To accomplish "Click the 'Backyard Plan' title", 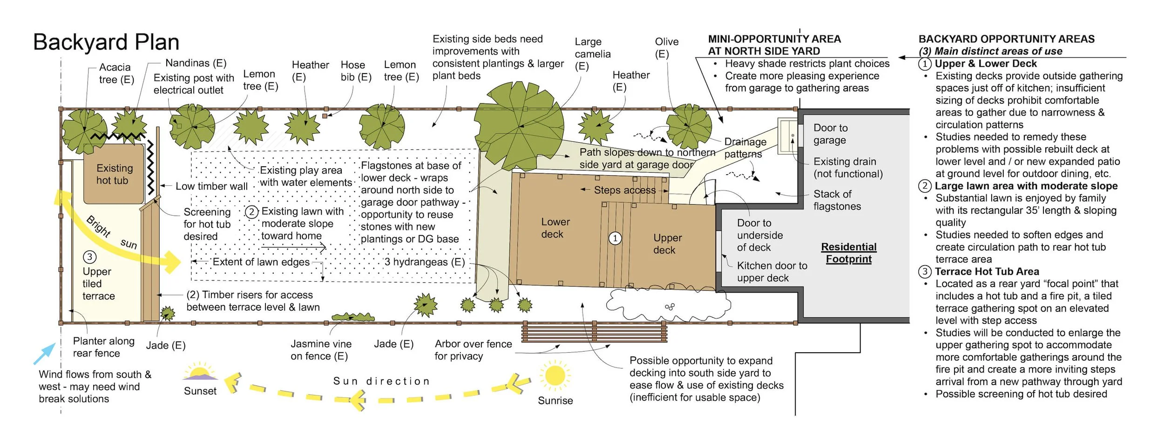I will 106,42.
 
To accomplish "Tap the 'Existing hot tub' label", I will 114,174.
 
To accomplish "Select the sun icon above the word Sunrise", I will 555,375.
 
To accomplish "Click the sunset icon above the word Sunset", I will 200,372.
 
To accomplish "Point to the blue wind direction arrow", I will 44,354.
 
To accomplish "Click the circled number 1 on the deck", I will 615,238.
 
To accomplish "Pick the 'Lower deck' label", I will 555,228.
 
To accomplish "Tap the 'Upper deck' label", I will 667,244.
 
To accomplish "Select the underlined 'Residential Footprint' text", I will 848,253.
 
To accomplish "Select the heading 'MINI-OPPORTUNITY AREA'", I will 774,39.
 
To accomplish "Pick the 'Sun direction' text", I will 381,381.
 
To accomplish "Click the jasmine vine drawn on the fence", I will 353,318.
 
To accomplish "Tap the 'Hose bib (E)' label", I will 355,71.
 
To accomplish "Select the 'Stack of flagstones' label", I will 837,200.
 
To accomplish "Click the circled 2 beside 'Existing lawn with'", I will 251,212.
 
